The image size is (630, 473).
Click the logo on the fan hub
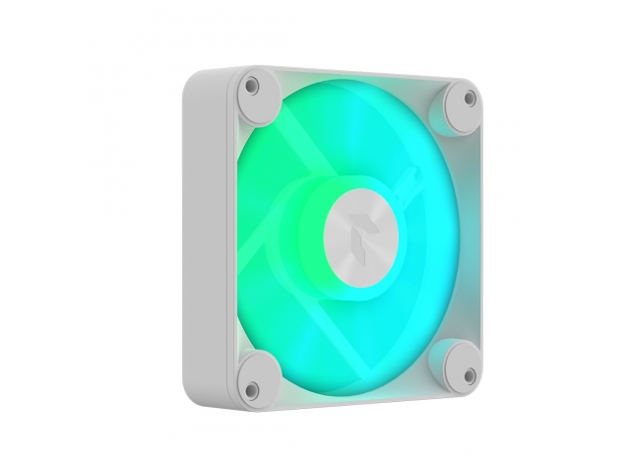click(359, 229)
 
